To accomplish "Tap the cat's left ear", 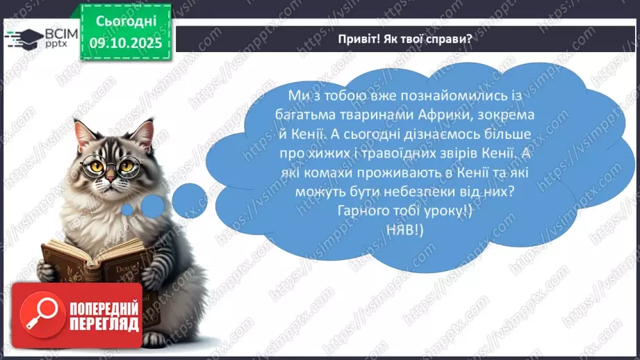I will coord(84,132).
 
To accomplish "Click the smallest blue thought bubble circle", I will coord(128,209).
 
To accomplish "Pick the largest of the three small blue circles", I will coord(189,200).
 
